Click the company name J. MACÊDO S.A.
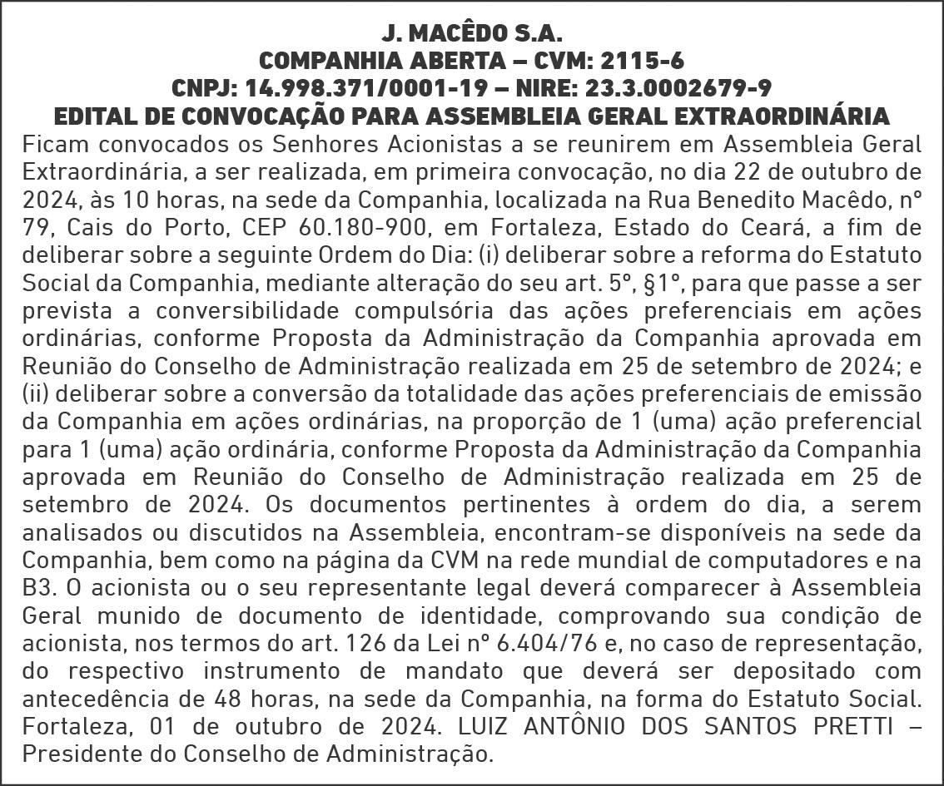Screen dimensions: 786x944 pyautogui.click(x=472, y=34)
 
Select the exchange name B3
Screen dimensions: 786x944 pyautogui.click(x=37, y=588)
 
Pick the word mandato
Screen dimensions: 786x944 pyautogui.click(x=444, y=671)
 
